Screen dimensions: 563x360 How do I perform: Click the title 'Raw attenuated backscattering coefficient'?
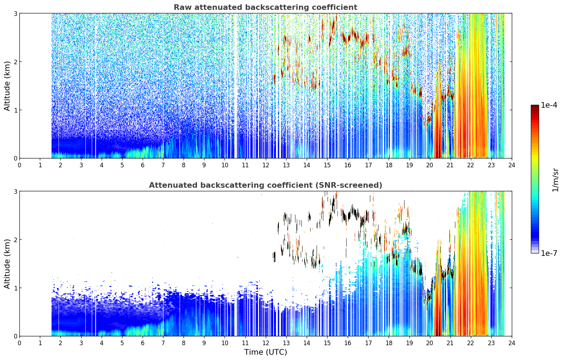[x=265, y=7]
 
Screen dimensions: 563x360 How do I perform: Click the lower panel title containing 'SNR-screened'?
[x=265, y=185]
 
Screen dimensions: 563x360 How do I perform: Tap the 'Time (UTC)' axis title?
[x=265, y=352]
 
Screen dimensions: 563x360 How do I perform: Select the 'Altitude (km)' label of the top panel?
[x=7, y=86]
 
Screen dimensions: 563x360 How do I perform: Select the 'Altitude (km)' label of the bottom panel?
[x=7, y=264]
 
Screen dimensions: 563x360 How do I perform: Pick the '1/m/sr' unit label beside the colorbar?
[x=555, y=180]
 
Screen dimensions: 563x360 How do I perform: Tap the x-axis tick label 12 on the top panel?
[x=266, y=165]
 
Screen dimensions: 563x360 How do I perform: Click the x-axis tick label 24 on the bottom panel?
[x=512, y=343]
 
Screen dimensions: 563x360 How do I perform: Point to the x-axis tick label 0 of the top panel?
[x=20, y=165]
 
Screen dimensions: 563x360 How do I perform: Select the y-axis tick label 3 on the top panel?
[x=15, y=13]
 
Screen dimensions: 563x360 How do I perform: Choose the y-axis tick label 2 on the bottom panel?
[x=15, y=240]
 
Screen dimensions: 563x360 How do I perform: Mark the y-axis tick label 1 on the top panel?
[x=15, y=110]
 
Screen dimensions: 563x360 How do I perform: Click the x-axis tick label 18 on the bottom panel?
[x=389, y=343]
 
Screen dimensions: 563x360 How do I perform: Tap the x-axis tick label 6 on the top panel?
[x=143, y=165]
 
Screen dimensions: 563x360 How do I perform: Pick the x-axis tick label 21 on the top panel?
[x=450, y=165]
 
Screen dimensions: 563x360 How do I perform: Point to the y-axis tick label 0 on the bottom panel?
[x=15, y=336]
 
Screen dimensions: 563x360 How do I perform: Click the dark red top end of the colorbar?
[x=535, y=106]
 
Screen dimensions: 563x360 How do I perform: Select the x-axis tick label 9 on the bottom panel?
[x=204, y=343]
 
